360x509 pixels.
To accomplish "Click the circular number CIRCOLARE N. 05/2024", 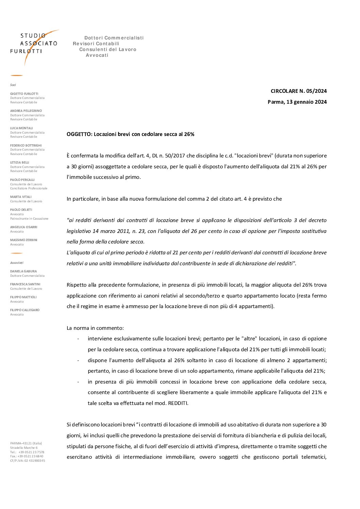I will tap(298, 91).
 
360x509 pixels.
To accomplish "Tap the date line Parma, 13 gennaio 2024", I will tap(297, 102).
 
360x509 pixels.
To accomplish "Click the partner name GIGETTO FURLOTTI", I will tap(24, 94).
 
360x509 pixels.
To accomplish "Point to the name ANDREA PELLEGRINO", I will tap(26, 111).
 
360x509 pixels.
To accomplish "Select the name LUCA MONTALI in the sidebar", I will tap(21, 128).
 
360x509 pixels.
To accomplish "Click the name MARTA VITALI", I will tap(21, 197).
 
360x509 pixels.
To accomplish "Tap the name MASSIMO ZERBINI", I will tap(23, 240).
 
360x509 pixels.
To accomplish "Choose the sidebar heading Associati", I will tap(17, 263).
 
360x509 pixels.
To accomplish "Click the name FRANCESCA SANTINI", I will tap(25, 284).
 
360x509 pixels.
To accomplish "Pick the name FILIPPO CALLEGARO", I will tap(24, 310).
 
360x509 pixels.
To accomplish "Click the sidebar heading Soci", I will tap(13, 85).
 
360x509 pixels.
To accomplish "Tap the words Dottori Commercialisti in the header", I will tap(114, 38).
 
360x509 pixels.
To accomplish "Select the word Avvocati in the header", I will tap(97, 55).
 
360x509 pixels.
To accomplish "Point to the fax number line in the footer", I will tap(27, 456).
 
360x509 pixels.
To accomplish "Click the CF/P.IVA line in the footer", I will tap(27, 461).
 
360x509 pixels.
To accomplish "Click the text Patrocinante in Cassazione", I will tap(29, 219).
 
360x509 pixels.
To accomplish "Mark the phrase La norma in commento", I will tap(95, 328).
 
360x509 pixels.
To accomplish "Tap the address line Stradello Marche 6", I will tap(24, 448).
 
